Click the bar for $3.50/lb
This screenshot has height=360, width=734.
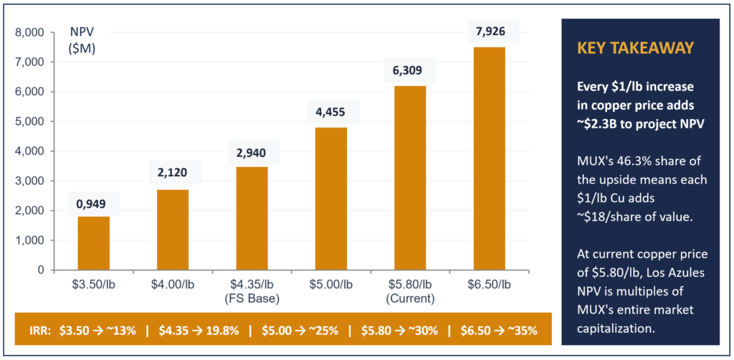(x=93, y=243)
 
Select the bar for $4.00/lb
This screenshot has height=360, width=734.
(x=173, y=229)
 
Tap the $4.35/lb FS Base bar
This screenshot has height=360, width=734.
(x=252, y=218)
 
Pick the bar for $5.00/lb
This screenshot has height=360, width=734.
(x=331, y=199)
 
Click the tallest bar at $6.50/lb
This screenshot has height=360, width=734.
(x=490, y=158)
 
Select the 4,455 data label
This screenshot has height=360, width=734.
(x=331, y=111)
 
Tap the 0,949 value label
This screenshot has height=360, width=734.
(x=93, y=203)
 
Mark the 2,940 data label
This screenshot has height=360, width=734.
(x=252, y=152)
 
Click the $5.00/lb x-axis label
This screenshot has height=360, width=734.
(x=331, y=285)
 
